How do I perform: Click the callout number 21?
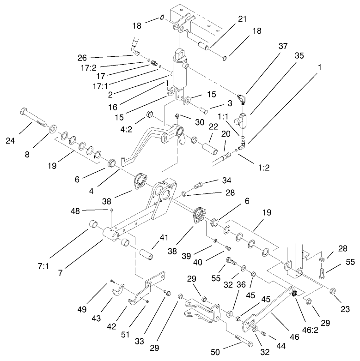coord(242,19)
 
